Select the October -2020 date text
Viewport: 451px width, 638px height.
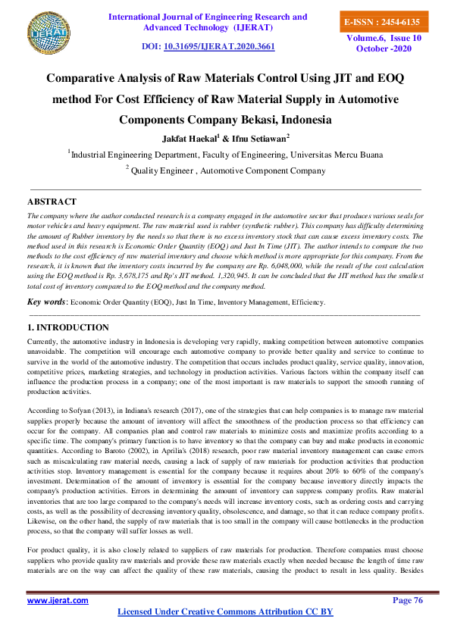coord(381,48)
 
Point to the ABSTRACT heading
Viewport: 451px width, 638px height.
coord(52,202)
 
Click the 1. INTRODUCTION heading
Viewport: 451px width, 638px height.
coord(67,327)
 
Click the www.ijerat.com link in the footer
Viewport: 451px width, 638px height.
coord(58,600)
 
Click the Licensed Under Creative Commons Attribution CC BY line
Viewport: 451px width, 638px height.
coord(225,611)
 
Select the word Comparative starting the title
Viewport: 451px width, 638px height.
coord(88,77)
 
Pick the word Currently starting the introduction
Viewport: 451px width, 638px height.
coord(44,343)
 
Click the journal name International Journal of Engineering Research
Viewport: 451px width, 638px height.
coord(208,16)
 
